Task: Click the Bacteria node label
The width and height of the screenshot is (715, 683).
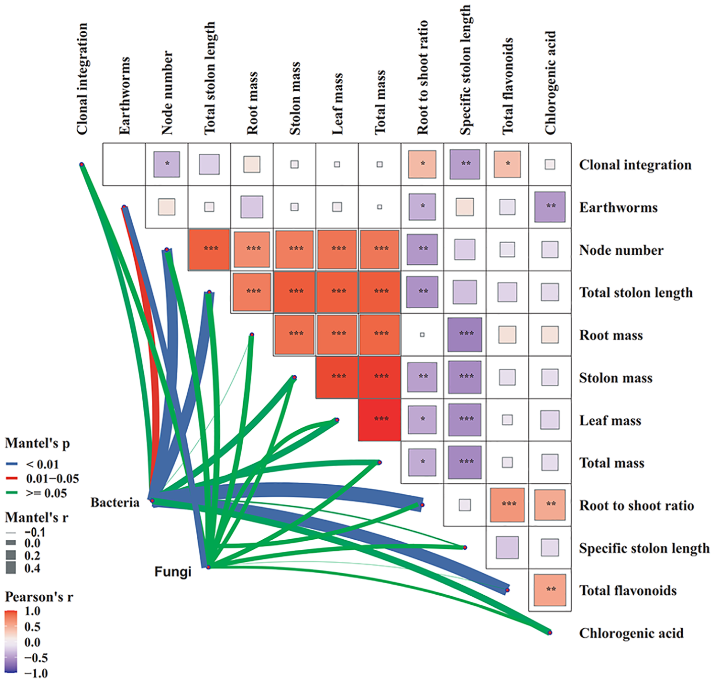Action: pos(115,502)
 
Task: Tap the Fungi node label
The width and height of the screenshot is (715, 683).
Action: pos(173,572)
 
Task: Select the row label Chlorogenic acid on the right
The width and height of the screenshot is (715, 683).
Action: pos(631,633)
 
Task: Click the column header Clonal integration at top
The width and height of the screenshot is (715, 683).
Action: pos(82,79)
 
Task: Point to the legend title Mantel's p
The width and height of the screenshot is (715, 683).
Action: pos(37,443)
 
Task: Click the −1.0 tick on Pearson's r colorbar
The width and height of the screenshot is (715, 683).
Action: pos(36,673)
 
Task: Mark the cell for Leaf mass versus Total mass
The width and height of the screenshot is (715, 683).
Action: pos(380,419)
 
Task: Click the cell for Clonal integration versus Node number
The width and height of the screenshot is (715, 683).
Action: pos(167,164)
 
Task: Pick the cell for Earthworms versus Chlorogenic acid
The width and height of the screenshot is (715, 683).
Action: pos(550,207)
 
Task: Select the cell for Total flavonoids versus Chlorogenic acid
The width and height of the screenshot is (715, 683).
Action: pos(550,590)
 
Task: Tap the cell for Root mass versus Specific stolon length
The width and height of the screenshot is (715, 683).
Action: pos(465,334)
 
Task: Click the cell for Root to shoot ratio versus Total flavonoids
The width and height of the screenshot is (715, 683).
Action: pos(508,504)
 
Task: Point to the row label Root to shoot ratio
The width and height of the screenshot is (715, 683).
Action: pos(636,505)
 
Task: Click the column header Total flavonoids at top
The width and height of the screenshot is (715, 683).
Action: pos(508,86)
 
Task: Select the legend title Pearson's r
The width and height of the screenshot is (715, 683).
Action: pos(39,597)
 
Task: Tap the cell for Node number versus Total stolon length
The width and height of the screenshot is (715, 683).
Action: pos(209,249)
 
